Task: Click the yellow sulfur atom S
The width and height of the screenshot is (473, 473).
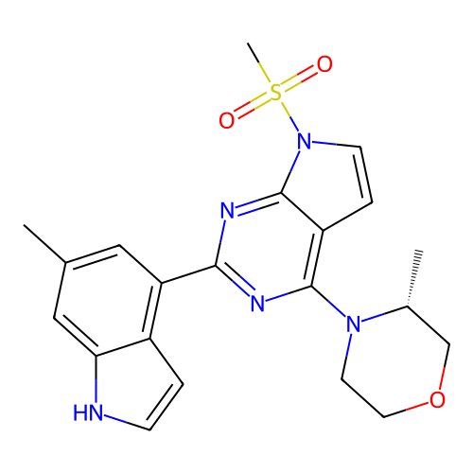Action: coord(276,93)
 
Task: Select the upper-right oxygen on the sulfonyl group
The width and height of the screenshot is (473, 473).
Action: coord(324,64)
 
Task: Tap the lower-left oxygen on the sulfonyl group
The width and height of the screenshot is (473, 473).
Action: coord(227,120)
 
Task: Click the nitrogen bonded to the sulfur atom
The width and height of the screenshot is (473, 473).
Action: coord(305,141)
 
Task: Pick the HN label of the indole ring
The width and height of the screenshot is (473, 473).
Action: coord(88,412)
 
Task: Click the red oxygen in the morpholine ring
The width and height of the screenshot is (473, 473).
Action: coord(437,400)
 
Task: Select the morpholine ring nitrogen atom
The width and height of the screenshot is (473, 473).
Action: coord(354,324)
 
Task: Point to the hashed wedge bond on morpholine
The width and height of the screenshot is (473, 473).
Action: coord(413,278)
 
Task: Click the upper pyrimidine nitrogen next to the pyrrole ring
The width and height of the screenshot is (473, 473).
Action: coord(227,211)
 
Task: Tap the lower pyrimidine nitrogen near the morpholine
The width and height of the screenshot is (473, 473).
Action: coord(257,304)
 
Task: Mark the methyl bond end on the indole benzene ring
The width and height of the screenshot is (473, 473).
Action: coord(24,225)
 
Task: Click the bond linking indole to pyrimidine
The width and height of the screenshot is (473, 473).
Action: coord(188,274)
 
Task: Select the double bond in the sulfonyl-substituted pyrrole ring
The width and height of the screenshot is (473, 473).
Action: coord(366,174)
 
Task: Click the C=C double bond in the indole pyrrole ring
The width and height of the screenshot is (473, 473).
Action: coord(166,407)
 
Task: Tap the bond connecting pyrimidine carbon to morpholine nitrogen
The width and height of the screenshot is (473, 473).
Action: coord(329,302)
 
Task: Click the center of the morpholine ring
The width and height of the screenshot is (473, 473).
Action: coord(395,361)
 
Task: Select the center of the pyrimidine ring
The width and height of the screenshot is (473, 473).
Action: coord(270,249)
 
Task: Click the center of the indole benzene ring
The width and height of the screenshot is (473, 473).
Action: coord(108,300)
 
